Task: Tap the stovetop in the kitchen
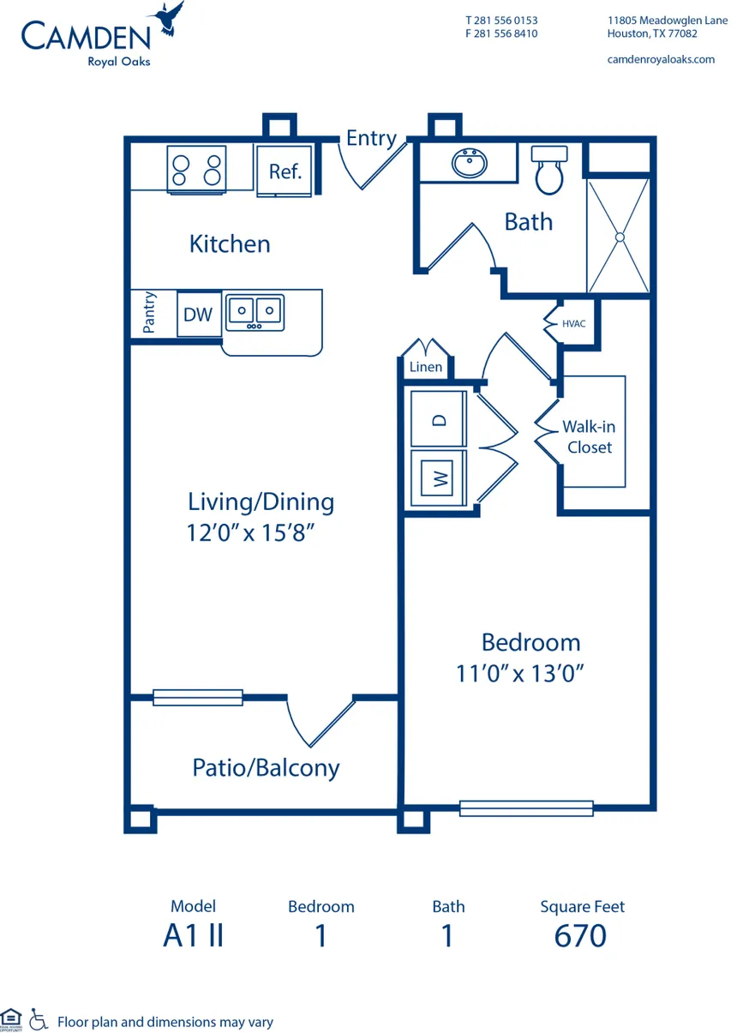[195, 167]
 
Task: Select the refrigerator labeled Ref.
[285, 171]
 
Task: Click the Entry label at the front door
[371, 138]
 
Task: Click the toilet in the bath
[548, 170]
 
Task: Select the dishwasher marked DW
[198, 315]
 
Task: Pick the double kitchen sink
[255, 313]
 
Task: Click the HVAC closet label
[574, 324]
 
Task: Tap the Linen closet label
[426, 367]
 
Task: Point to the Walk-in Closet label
[588, 436]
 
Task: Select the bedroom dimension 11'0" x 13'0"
[520, 674]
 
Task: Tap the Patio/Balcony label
[266, 767]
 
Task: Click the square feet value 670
[580, 935]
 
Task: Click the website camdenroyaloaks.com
[660, 59]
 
